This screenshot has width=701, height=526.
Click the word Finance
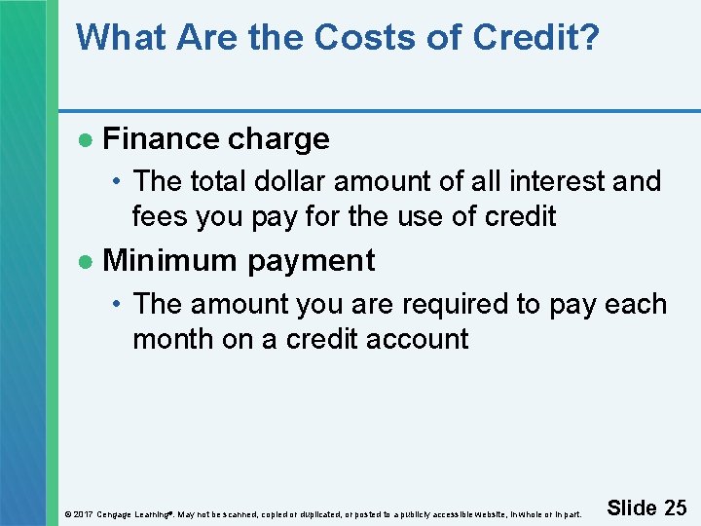159,139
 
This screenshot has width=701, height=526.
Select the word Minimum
170,261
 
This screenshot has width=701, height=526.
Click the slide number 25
675,507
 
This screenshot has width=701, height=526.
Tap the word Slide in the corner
632,507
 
